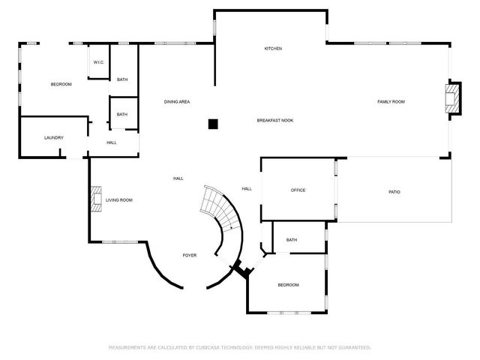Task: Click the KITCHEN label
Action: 273,49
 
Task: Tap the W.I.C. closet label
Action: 98,62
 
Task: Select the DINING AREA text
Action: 176,101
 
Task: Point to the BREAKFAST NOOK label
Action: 275,120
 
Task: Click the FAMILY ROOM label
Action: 391,101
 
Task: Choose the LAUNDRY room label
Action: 53,137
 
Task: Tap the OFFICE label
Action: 298,190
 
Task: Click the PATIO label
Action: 394,192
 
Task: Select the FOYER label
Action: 190,256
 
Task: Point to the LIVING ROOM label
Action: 118,200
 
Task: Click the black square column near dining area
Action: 213,124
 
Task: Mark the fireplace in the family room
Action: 451,97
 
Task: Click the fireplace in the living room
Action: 94,200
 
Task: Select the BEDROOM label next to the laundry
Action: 61,84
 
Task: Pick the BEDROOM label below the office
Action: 288,285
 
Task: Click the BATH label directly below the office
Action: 291,240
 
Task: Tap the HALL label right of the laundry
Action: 111,142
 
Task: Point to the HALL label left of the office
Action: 246,188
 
